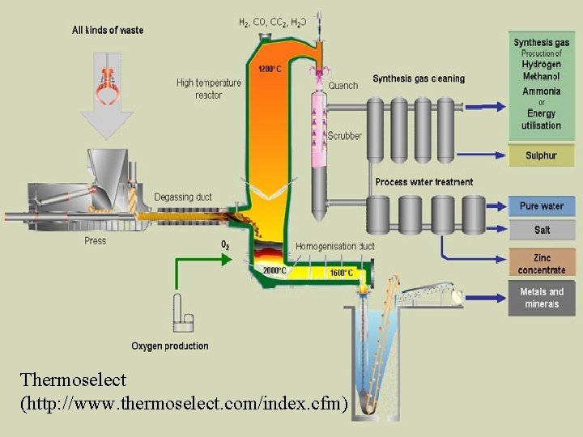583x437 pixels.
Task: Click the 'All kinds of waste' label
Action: pyautogui.click(x=108, y=30)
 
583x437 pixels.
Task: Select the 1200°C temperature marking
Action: pyautogui.click(x=270, y=69)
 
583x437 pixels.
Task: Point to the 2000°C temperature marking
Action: pyautogui.click(x=274, y=269)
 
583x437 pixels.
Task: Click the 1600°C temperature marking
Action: pyautogui.click(x=341, y=273)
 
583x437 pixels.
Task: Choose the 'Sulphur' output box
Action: pyautogui.click(x=542, y=155)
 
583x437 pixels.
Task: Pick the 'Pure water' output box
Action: pyautogui.click(x=542, y=206)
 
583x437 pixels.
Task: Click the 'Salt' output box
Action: pyautogui.click(x=542, y=230)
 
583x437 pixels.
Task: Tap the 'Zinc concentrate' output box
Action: pyautogui.click(x=542, y=264)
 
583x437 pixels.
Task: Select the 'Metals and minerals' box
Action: pyautogui.click(x=542, y=298)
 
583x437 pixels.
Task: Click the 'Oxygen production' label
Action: pyautogui.click(x=170, y=346)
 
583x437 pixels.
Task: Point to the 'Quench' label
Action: pyautogui.click(x=343, y=86)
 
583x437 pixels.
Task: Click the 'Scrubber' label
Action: pyautogui.click(x=345, y=136)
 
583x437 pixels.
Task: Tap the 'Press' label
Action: pyautogui.click(x=96, y=240)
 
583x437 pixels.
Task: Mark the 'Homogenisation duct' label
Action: pyautogui.click(x=335, y=246)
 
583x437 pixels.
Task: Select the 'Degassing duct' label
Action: pyautogui.click(x=183, y=197)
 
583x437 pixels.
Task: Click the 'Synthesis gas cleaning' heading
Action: pyautogui.click(x=419, y=78)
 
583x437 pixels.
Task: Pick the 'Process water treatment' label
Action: pyautogui.click(x=424, y=182)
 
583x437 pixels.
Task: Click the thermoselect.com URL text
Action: pyautogui.click(x=185, y=401)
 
